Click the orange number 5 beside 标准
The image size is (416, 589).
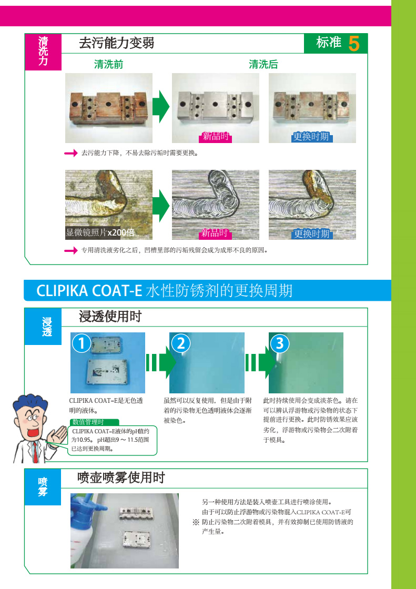[353, 44]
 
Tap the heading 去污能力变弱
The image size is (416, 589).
[117, 43]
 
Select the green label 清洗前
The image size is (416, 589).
[109, 65]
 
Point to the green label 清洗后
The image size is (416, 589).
[263, 65]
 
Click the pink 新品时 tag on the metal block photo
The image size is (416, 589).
[215, 136]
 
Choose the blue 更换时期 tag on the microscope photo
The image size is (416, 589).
[311, 234]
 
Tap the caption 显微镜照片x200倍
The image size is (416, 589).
[100, 232]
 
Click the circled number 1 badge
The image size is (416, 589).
[82, 344]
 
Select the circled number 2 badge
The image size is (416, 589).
[181, 344]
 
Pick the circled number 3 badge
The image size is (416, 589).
[280, 343]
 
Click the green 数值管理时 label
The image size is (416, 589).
[94, 422]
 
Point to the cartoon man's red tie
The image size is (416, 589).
[35, 452]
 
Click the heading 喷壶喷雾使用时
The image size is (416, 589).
[121, 478]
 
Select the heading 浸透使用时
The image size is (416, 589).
[110, 317]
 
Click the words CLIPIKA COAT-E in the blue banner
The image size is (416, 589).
[89, 291]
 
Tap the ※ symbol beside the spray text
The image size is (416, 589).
[196, 522]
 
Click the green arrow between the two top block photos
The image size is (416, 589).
[162, 106]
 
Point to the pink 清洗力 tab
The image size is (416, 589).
[43, 52]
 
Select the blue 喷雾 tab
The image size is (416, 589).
[43, 486]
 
